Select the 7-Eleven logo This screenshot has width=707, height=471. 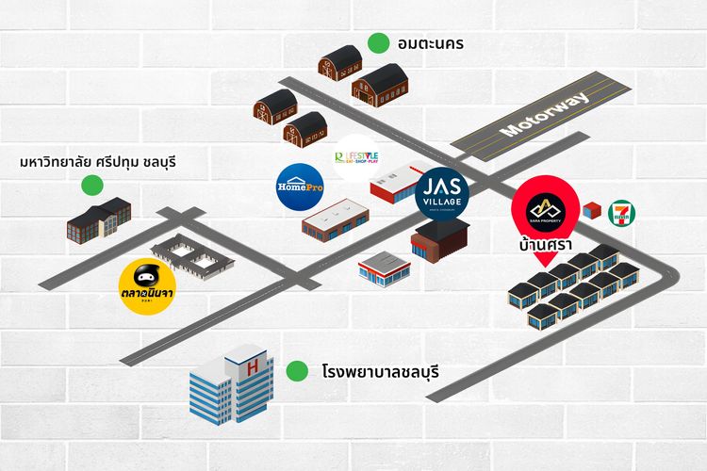tap(621, 211)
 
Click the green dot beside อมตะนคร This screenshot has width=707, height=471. tap(379, 43)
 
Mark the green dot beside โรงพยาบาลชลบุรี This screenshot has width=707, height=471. tap(298, 372)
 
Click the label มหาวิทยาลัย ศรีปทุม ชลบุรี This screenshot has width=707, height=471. tap(98, 163)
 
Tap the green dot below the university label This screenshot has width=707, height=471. tap(90, 186)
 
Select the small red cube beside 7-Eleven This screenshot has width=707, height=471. tap(592, 209)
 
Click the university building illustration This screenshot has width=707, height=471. tap(98, 219)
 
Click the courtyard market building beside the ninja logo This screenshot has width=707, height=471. tap(192, 256)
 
